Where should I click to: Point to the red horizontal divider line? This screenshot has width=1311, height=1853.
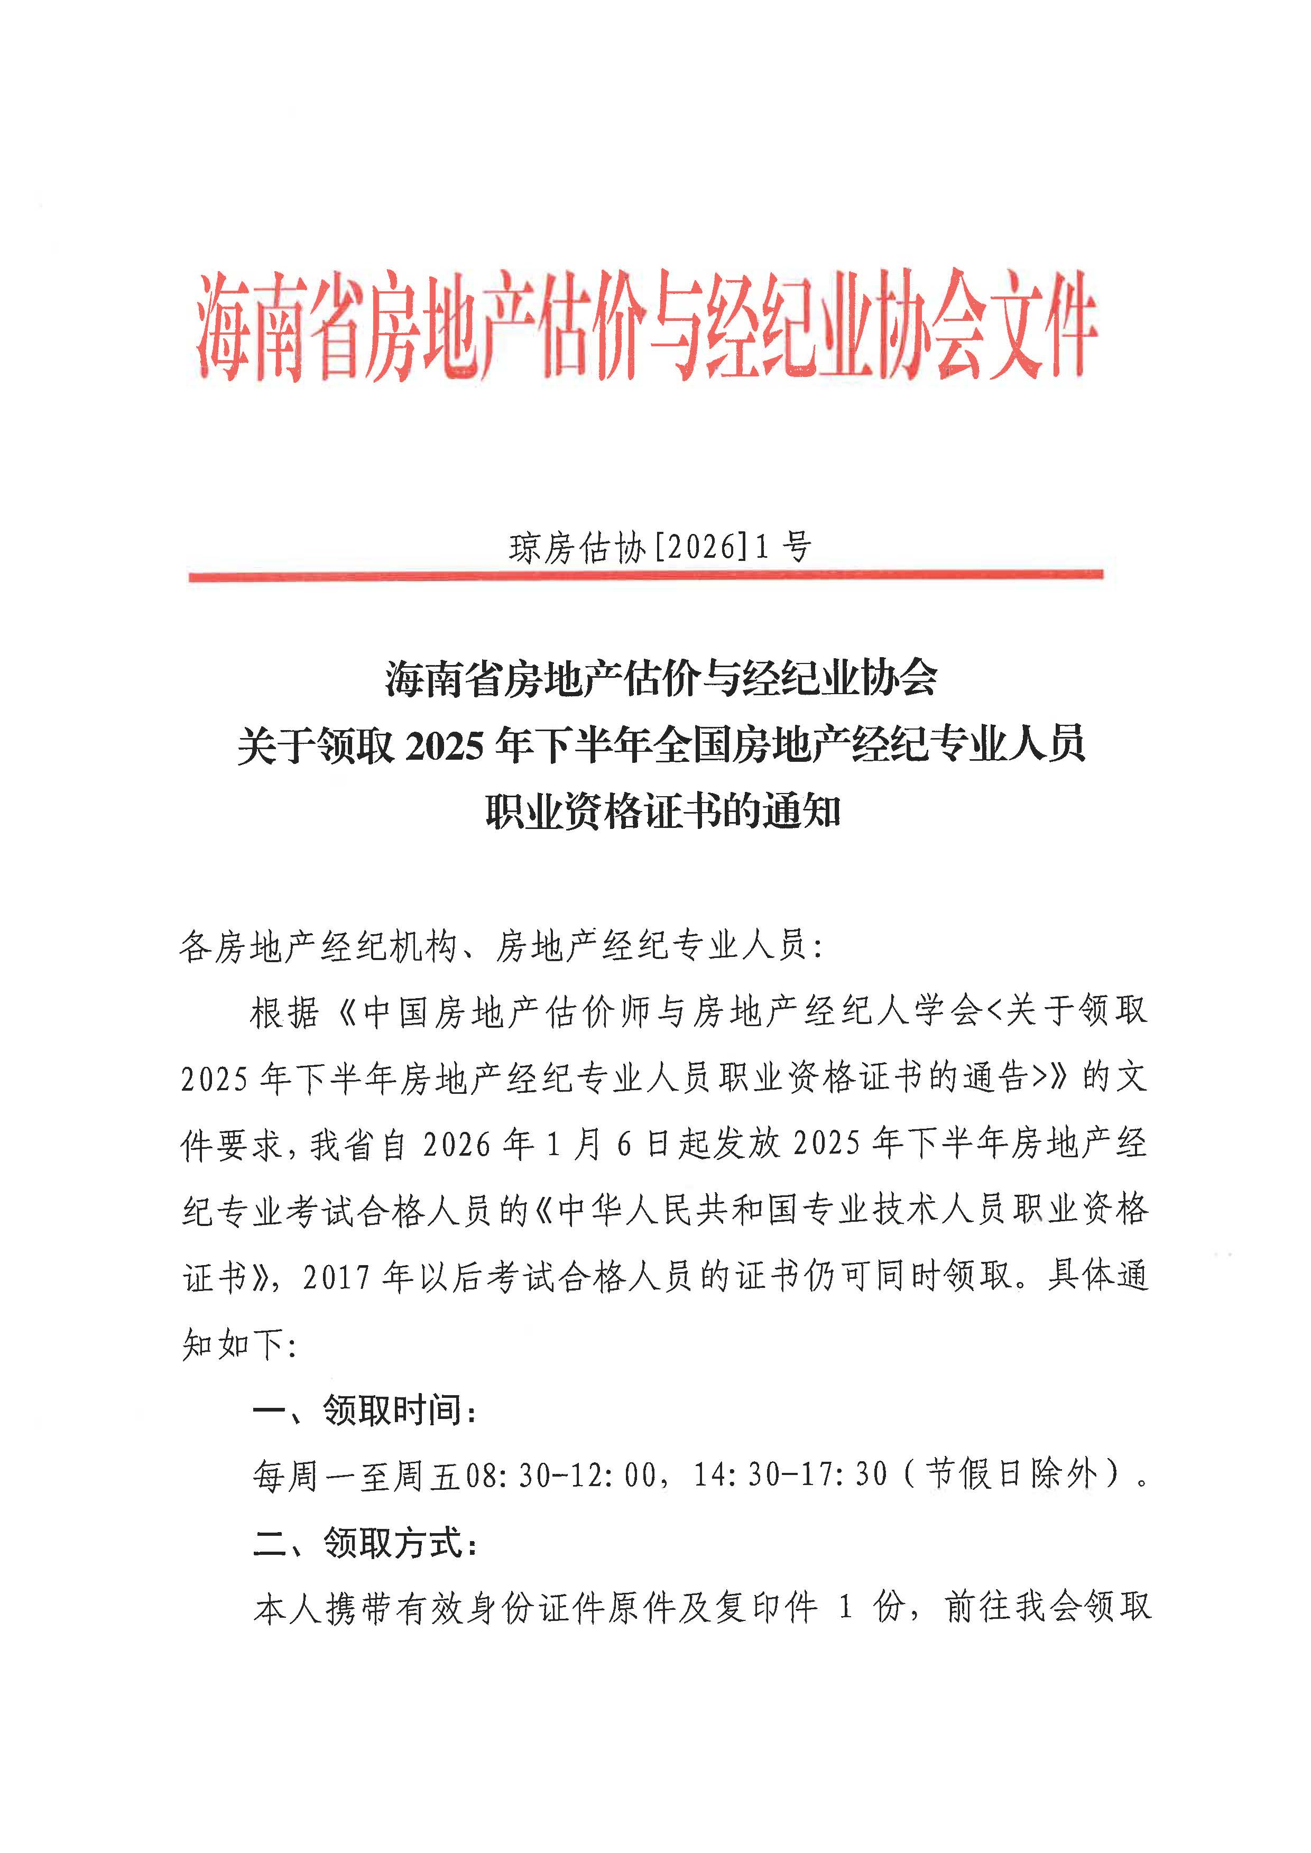point(646,576)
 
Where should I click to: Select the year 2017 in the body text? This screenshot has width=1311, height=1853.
point(337,1277)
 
